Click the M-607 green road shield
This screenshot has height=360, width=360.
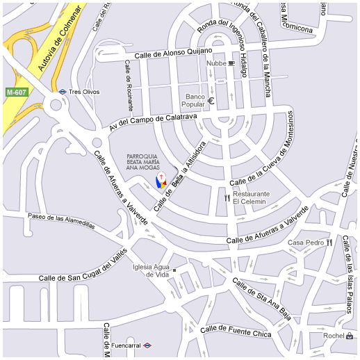pyautogui.click(x=16, y=92)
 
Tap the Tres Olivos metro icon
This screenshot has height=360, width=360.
pyautogui.click(x=63, y=92)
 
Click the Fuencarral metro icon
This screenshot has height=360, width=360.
pyautogui.click(x=147, y=345)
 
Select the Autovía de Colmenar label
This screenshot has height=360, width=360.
pyautogui.click(x=59, y=40)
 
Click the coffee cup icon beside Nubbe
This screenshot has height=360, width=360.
pyautogui.click(x=231, y=63)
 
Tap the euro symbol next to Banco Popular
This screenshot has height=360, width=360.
pyautogui.click(x=211, y=101)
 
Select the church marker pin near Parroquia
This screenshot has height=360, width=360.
pyautogui.click(x=161, y=181)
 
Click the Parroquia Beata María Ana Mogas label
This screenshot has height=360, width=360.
pyautogui.click(x=147, y=161)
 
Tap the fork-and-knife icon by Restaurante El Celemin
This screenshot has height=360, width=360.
pyautogui.click(x=227, y=197)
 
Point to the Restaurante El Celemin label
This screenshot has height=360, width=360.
pyautogui.click(x=250, y=197)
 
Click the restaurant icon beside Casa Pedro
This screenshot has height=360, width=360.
pyautogui.click(x=329, y=243)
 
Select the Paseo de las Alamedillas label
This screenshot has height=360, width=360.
pyautogui.click(x=60, y=220)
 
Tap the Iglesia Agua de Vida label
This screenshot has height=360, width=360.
pyautogui.click(x=151, y=270)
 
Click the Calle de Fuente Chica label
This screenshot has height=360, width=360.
pyautogui.click(x=236, y=332)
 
